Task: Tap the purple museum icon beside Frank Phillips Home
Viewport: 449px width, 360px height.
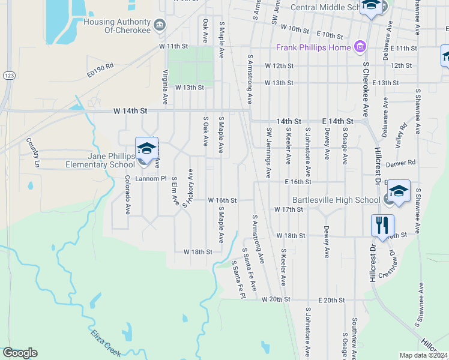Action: click(360, 47)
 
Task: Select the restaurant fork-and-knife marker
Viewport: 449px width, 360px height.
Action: click(382, 226)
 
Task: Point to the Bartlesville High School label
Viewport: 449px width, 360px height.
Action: click(336, 199)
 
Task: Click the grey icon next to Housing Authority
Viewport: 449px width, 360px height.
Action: click(160, 25)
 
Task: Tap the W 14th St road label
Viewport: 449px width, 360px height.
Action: click(130, 111)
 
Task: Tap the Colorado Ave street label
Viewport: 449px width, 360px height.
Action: click(128, 195)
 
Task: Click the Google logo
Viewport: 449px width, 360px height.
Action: click(20, 353)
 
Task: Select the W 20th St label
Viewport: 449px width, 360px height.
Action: click(276, 299)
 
